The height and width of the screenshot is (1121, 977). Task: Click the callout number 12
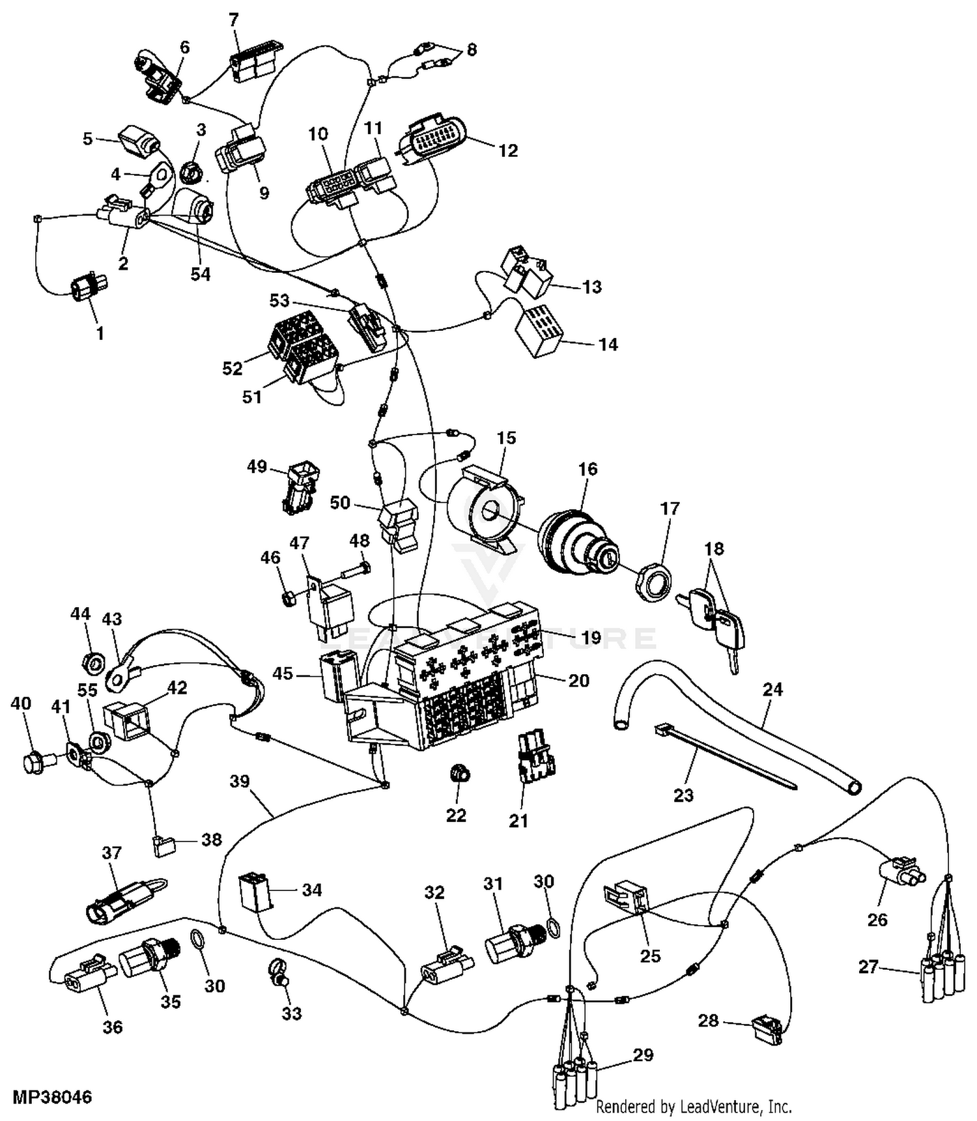507,151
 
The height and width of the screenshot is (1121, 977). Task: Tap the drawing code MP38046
51,1097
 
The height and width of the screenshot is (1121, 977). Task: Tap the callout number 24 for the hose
772,690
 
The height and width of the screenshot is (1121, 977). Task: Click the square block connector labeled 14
538,332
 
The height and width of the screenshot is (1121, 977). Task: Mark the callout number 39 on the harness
240,781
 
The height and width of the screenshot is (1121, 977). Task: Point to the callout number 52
232,369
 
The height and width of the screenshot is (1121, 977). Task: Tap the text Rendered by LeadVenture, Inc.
694,1107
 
